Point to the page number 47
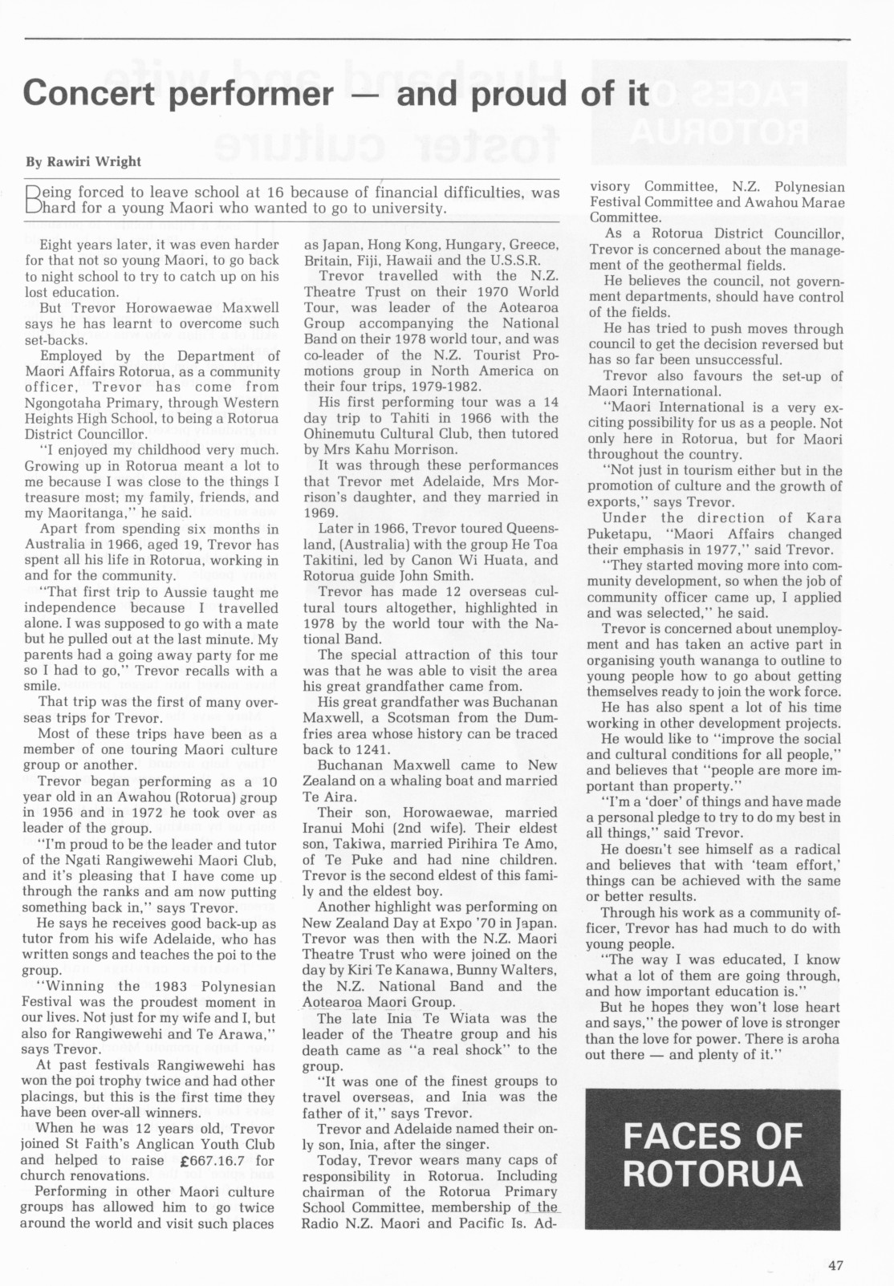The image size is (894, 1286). coord(835,1265)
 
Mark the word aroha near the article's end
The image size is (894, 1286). coord(816,1039)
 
